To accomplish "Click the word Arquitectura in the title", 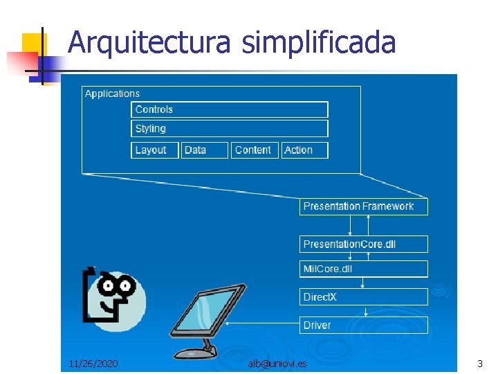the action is coord(149,43).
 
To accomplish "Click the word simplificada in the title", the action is coord(319,43).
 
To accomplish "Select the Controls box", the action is coord(230,109).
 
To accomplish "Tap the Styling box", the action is coord(230,129).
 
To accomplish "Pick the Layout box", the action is coord(155,150).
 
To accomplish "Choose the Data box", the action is coord(205,150).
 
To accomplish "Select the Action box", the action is coord(304,150).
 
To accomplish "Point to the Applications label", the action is coord(112,93).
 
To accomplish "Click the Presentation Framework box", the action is coord(363,206).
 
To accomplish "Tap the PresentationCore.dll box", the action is coord(363,244).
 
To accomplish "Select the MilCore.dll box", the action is coord(363,269).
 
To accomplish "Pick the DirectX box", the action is coord(363,297).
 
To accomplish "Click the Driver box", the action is coord(363,325).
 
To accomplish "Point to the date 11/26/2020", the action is coord(93,363).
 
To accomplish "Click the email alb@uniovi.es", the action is coord(277,363).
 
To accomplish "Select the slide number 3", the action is coord(479,363).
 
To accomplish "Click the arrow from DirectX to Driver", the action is coord(363,311).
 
